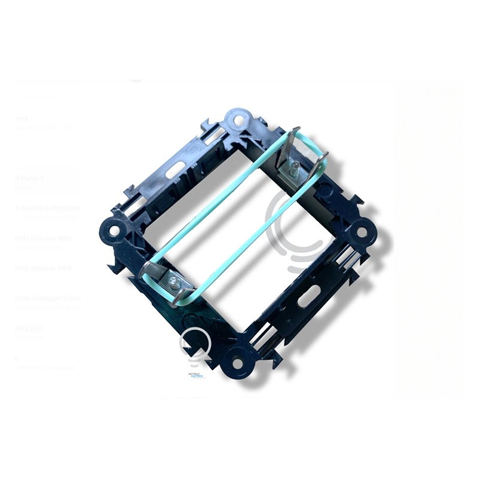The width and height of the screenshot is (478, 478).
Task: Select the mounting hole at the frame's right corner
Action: click(x=361, y=232)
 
